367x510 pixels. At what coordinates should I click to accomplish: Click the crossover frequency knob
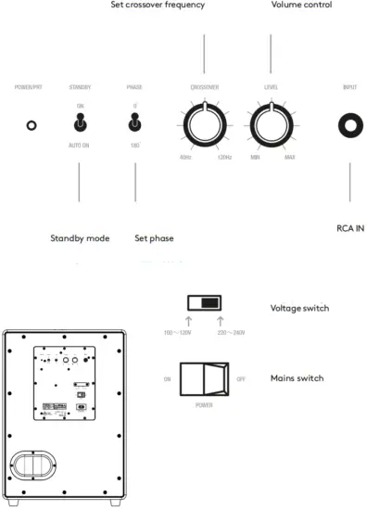click(x=203, y=124)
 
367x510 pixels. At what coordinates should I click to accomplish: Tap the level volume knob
click(x=270, y=124)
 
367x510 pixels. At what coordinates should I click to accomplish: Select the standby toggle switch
click(x=80, y=123)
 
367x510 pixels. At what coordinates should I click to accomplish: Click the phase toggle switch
click(x=135, y=123)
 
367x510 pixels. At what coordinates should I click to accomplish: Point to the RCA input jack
click(x=350, y=124)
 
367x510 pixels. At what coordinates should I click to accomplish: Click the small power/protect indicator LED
click(x=32, y=124)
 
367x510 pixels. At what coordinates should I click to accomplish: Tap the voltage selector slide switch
click(x=204, y=302)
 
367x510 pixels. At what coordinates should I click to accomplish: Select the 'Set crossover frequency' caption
click(x=170, y=6)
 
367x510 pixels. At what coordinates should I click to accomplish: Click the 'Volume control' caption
click(x=301, y=6)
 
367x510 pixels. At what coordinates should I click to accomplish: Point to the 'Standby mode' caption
click(x=80, y=238)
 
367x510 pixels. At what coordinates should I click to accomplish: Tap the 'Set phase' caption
click(x=154, y=238)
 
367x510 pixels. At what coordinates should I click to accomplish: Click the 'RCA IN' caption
click(x=351, y=226)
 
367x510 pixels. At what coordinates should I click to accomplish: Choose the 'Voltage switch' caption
click(x=299, y=309)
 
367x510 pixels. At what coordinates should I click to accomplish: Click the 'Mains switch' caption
click(x=297, y=378)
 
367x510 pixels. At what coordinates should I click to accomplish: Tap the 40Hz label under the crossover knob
click(x=185, y=158)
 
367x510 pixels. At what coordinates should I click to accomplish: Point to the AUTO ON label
click(x=80, y=147)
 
